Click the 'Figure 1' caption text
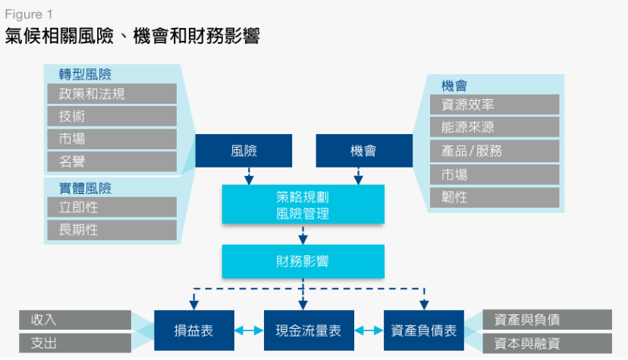(x=29, y=14)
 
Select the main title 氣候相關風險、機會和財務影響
(x=133, y=36)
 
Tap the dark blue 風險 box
(x=243, y=150)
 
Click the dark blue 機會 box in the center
(x=363, y=150)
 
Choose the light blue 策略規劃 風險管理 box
(x=303, y=205)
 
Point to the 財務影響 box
(x=303, y=261)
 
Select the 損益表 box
(x=193, y=330)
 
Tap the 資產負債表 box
(x=423, y=330)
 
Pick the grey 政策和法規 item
(x=111, y=94)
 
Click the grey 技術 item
(x=111, y=116)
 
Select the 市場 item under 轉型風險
(x=111, y=139)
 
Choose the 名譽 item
(x=111, y=161)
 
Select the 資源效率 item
(x=494, y=105)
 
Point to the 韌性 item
(x=494, y=197)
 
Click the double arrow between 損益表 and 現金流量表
(x=247, y=331)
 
